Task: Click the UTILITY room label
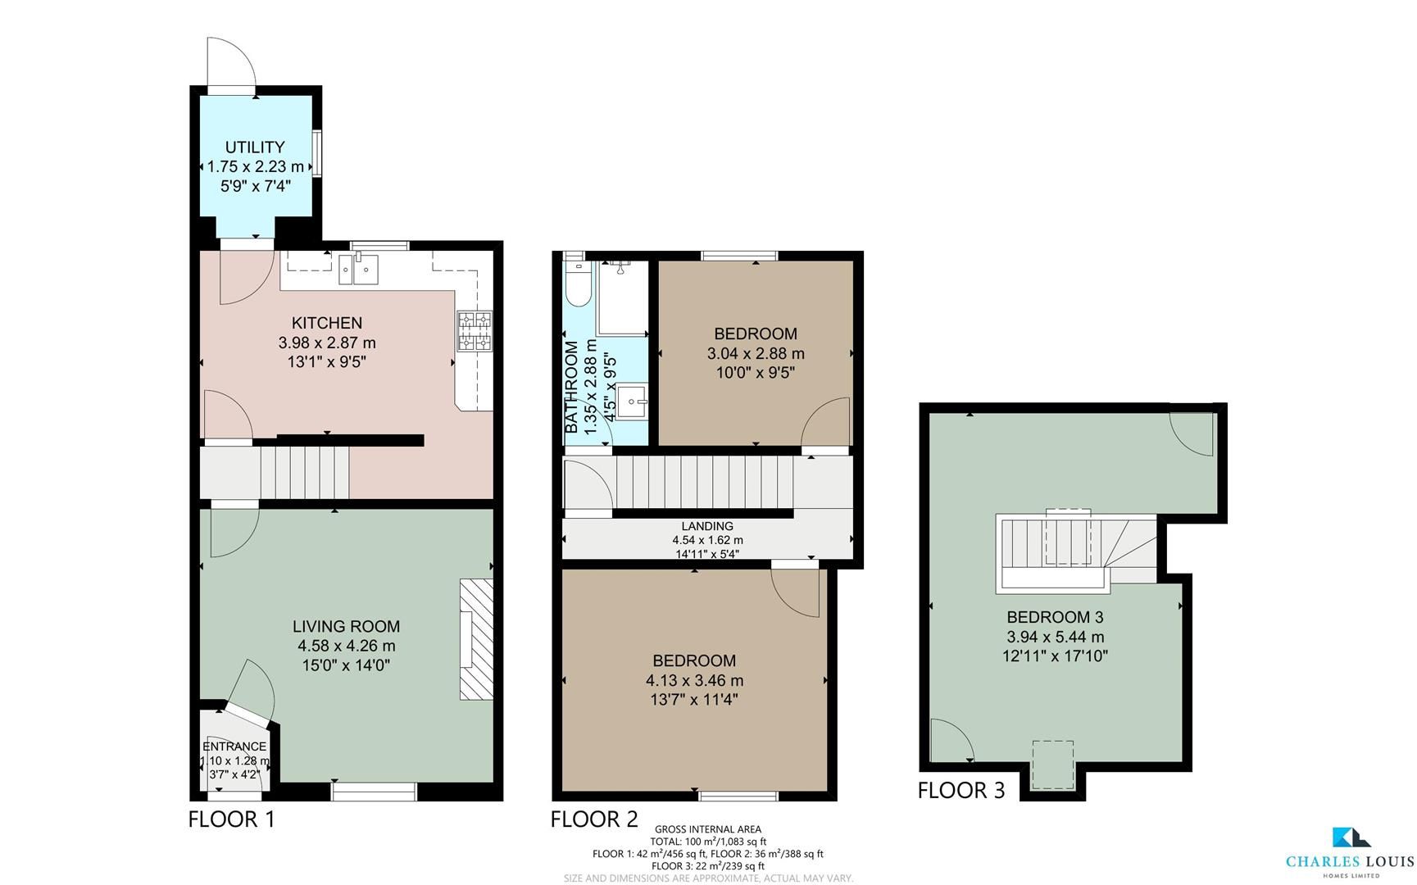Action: point(255,147)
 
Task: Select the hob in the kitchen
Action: point(475,332)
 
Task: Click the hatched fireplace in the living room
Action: point(476,639)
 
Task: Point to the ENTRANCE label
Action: point(234,747)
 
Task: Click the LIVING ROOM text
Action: point(346,627)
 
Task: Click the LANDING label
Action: point(707,526)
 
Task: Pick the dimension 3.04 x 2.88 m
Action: point(756,354)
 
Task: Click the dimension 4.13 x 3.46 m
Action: point(694,681)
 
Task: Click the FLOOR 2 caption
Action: point(593,819)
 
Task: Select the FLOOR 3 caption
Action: point(961,791)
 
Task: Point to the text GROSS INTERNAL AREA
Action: point(707,829)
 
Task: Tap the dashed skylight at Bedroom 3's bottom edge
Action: point(1053,764)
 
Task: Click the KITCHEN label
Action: point(327,323)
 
